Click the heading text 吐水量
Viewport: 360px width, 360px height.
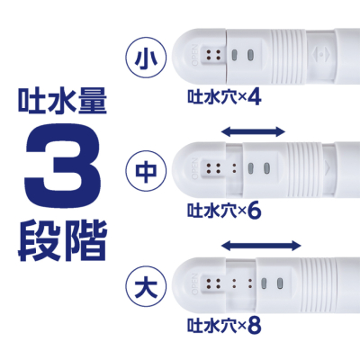click(60, 98)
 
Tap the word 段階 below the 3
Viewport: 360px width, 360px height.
click(60, 241)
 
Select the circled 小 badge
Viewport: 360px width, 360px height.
click(141, 57)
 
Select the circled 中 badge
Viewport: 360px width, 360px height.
click(141, 170)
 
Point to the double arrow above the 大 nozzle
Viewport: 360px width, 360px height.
click(261, 245)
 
